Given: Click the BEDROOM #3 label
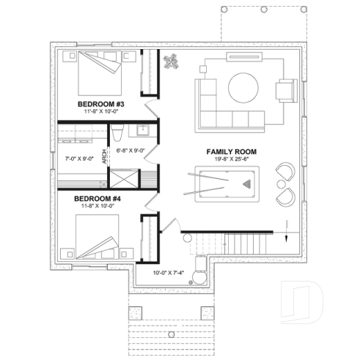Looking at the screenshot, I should point(101,104).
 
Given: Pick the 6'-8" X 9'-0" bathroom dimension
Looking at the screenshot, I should point(131,150).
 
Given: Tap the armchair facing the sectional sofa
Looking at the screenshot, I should point(283,92).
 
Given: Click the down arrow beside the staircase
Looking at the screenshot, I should point(287,224).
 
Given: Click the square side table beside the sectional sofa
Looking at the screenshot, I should point(202,66).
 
